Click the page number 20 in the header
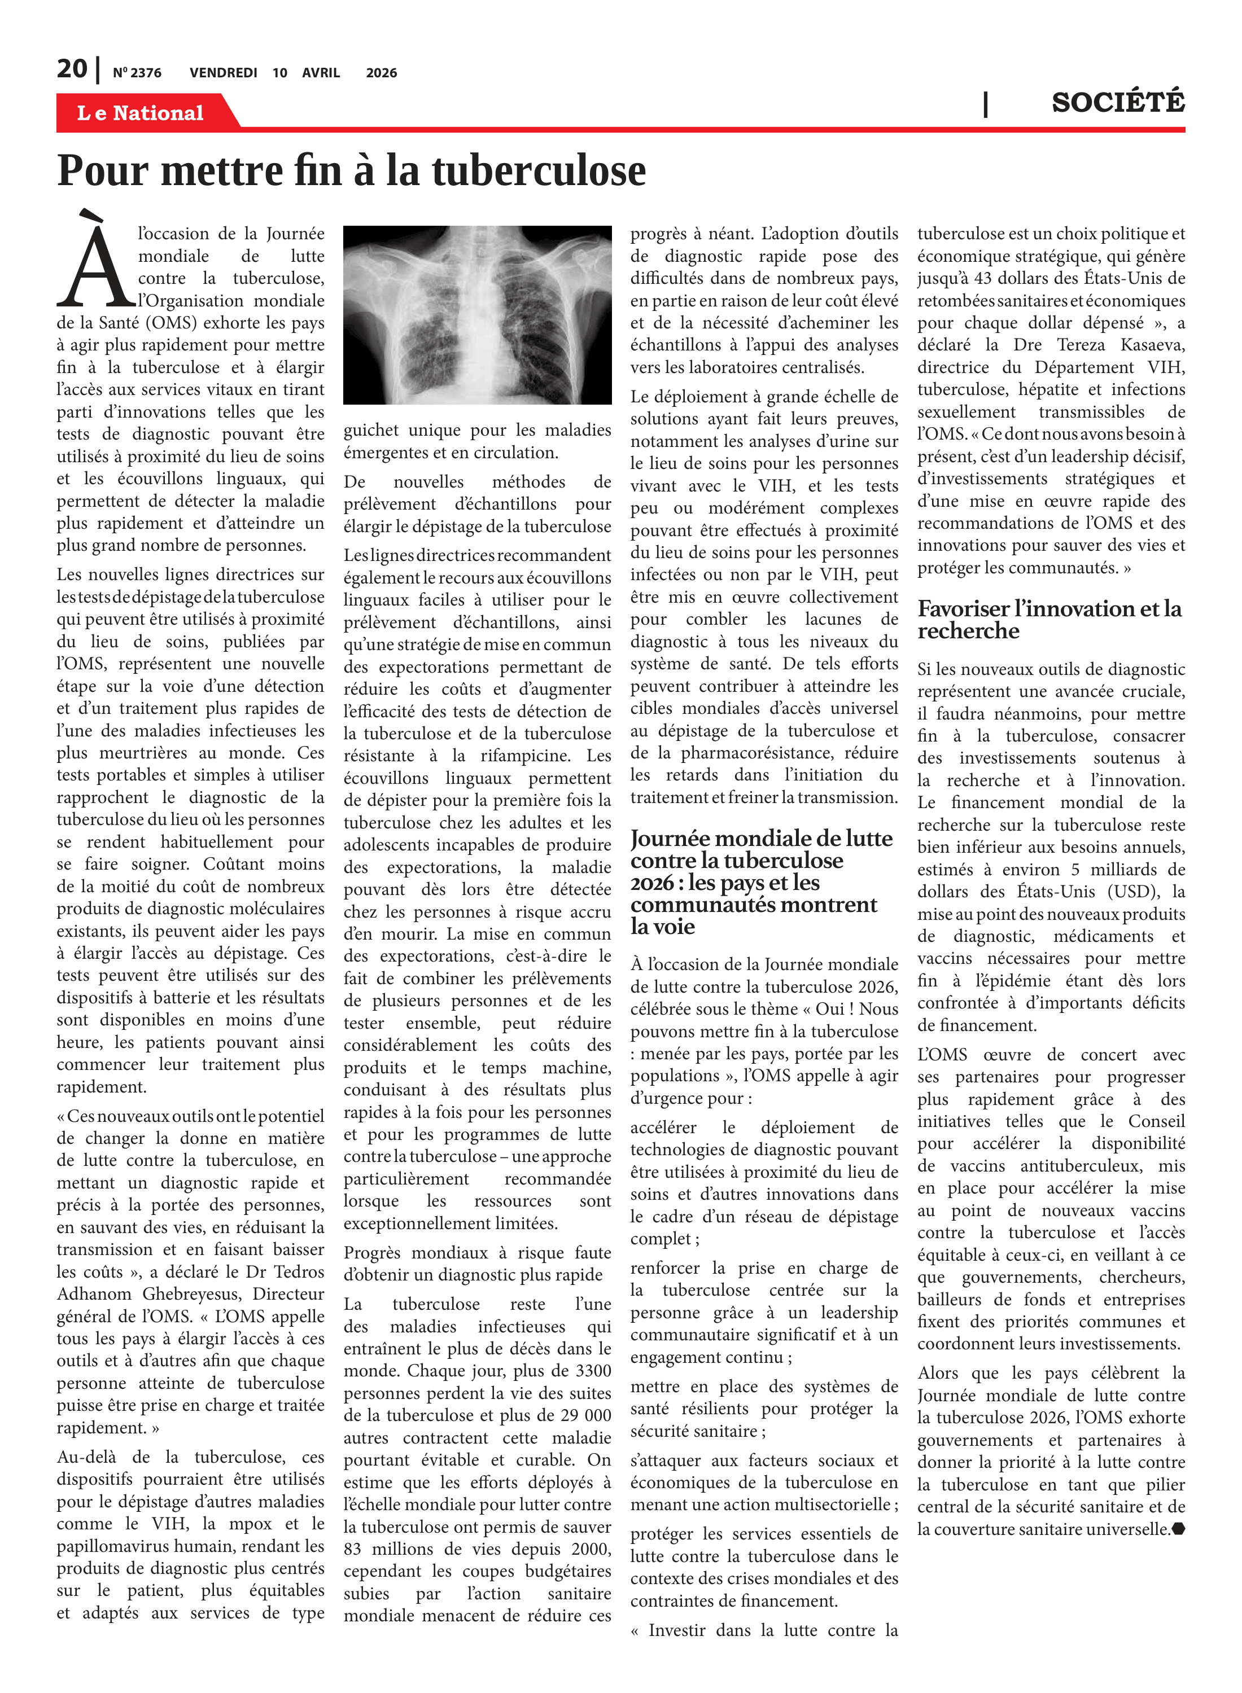[x=72, y=69]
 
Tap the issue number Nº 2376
[x=137, y=73]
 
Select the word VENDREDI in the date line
[x=224, y=73]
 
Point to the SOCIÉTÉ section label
[x=1118, y=102]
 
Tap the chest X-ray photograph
[x=478, y=315]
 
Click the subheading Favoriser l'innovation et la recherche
[x=1049, y=619]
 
